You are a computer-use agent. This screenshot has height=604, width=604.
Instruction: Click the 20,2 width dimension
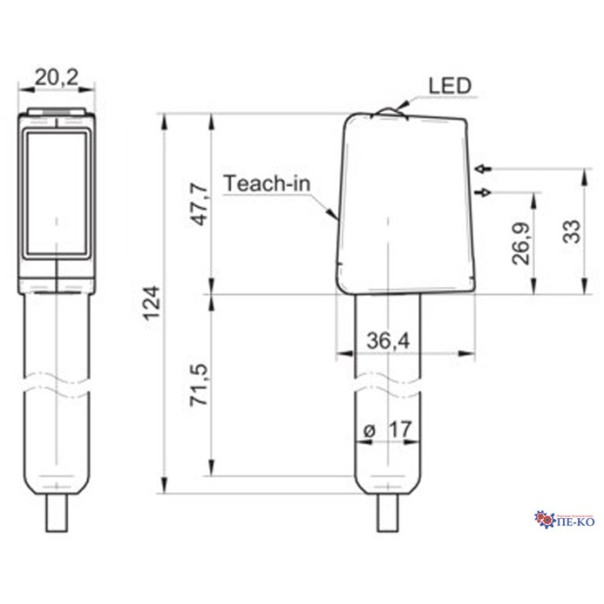coord(56,78)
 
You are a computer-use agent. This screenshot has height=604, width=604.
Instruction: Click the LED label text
coord(450,86)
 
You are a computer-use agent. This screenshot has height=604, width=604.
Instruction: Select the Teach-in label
coord(267,183)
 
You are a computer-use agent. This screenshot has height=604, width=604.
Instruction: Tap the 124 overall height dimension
coord(152,302)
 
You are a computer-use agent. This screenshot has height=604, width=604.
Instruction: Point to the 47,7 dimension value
coord(200,204)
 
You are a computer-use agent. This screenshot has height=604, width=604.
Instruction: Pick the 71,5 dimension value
coord(200,385)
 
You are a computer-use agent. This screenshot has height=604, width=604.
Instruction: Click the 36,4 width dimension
coord(388,341)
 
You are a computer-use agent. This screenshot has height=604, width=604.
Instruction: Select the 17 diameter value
coord(400,430)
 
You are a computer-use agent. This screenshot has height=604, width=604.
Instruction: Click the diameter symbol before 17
coord(370,430)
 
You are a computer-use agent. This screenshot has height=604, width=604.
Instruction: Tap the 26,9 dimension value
coord(521,243)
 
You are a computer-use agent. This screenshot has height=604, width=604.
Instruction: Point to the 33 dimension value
coord(572,231)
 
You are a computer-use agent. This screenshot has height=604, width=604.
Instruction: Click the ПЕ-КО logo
coord(565,520)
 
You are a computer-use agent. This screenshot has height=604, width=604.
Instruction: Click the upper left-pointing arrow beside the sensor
coord(483,169)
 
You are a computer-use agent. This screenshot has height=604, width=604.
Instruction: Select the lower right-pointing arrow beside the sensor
coord(483,191)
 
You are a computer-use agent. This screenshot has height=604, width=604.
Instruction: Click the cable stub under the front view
coord(56,513)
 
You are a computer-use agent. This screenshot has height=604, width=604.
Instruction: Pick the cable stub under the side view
coord(387,513)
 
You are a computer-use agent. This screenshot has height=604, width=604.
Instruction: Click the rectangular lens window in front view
coord(56,194)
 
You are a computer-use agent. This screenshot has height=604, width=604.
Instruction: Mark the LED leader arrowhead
coord(403,106)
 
